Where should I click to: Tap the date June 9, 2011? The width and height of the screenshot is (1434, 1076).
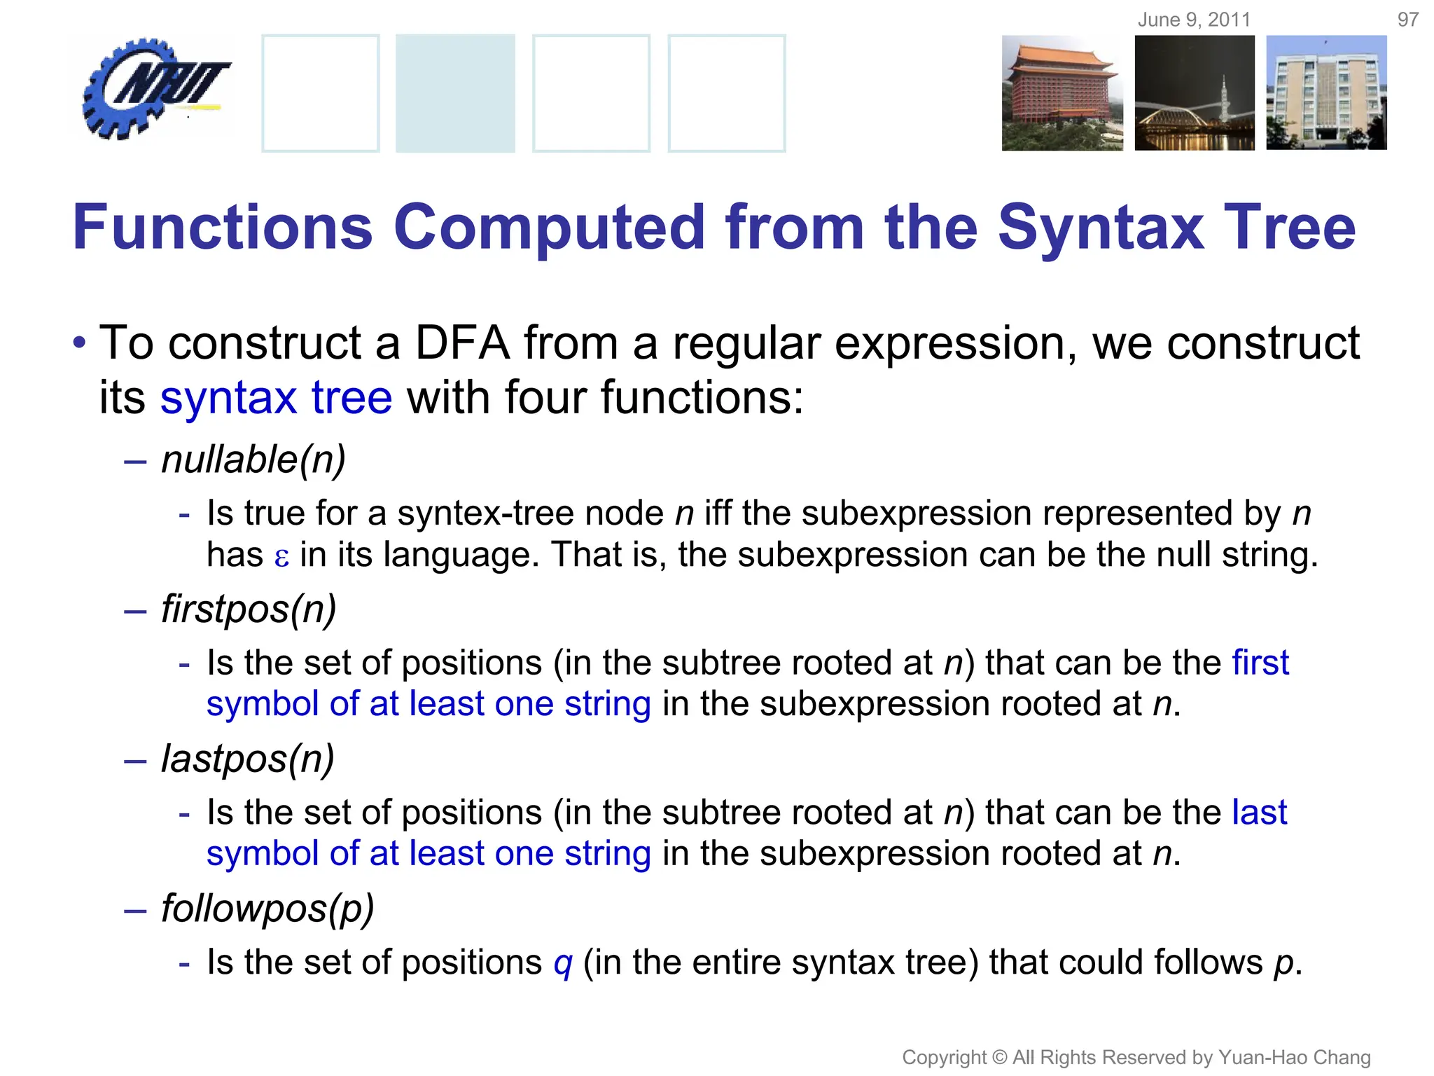pyautogui.click(x=1194, y=20)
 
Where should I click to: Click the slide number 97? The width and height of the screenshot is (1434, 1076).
pyautogui.click(x=1408, y=20)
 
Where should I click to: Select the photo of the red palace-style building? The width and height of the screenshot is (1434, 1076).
pyautogui.click(x=1061, y=93)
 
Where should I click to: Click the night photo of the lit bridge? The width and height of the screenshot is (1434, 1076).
pyautogui.click(x=1195, y=93)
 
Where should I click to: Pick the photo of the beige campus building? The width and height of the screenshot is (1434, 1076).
pyautogui.click(x=1326, y=93)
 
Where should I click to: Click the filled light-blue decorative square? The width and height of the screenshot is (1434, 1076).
pyautogui.click(x=455, y=93)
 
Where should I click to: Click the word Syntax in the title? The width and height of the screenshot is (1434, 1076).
pyautogui.click(x=1100, y=227)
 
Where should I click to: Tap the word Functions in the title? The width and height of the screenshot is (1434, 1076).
pyautogui.click(x=223, y=227)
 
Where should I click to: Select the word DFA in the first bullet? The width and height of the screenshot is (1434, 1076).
pyautogui.click(x=462, y=343)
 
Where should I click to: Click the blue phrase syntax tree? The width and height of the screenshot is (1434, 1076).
pyautogui.click(x=276, y=398)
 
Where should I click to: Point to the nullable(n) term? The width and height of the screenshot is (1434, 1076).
pyautogui.click(x=253, y=460)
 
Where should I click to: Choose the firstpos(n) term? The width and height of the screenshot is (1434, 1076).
pyautogui.click(x=249, y=609)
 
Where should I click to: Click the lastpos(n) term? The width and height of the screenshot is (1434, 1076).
pyautogui.click(x=248, y=759)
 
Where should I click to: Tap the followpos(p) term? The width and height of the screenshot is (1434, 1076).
pyautogui.click(x=267, y=909)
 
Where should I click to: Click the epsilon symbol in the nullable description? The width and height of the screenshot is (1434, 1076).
pyautogui.click(x=281, y=558)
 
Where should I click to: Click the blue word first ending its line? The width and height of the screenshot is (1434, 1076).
pyautogui.click(x=1260, y=663)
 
